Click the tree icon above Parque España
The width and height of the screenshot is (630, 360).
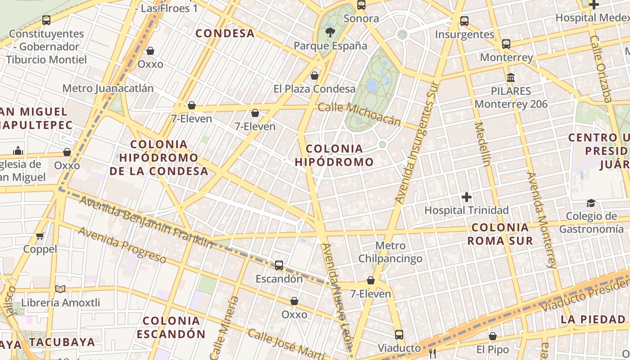[330, 32]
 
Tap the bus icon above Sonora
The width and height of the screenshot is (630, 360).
[361, 5]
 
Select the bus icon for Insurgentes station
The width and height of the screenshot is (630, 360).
[464, 21]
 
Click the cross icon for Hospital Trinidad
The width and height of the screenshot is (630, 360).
[467, 197]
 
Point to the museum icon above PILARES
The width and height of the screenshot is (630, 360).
[511, 77]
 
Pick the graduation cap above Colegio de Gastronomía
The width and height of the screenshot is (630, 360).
[591, 203]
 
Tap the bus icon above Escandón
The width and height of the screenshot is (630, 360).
[279, 265]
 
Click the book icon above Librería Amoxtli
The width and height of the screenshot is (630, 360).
[60, 289]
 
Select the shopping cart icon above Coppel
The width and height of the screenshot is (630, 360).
[40, 236]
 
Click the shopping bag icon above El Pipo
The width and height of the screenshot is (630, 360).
[493, 336]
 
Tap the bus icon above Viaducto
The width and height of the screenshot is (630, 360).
[399, 334]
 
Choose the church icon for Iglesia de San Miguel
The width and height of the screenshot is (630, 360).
[18, 150]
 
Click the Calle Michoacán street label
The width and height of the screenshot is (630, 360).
[359, 114]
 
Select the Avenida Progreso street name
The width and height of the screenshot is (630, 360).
[122, 245]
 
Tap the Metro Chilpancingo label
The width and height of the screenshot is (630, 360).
[390, 252]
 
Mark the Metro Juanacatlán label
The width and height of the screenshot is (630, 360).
[108, 88]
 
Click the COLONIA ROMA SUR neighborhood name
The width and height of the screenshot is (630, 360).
[500, 234]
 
